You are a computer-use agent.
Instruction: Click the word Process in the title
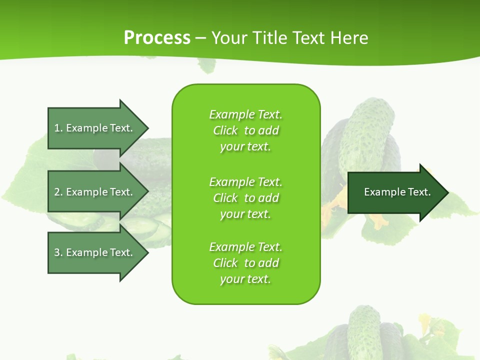157,38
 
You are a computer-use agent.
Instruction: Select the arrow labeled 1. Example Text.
93,128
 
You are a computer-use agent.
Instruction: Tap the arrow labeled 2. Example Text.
93,192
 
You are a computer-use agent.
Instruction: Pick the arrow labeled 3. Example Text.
93,252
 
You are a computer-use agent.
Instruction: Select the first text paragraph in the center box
245,130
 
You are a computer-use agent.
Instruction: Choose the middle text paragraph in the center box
245,198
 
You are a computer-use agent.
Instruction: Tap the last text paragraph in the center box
245,263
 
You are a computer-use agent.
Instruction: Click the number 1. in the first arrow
58,128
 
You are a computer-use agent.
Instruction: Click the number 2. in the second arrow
58,192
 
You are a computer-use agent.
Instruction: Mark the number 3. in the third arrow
58,252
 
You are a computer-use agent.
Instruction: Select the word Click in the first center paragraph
225,130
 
